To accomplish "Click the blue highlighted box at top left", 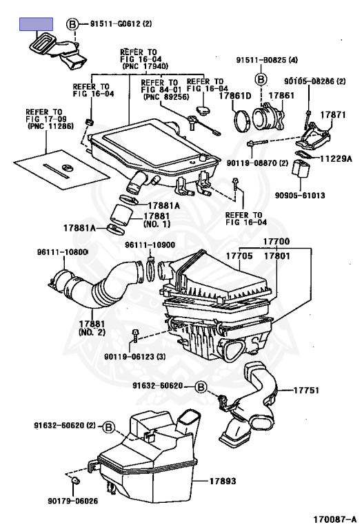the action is pos(36,24).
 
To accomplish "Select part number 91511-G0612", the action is pos(115,23).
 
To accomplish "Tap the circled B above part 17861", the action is pos(261,80).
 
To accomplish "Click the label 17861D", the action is pos(235,96).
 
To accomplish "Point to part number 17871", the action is pos(333,115).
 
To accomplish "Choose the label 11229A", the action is pos(336,158).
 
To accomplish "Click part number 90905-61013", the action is pos(300,196).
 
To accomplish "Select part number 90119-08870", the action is pos(252,163).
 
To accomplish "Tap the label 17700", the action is pos(276,242).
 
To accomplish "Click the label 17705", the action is pos(239,256).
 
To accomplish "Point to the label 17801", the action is pos(277,256).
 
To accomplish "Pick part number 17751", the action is pos(306,391).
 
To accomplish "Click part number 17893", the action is pos(223,481).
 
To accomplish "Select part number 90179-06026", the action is pos(73,501).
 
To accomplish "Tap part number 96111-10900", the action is pos(150,245).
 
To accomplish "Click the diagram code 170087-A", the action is pos(335,519).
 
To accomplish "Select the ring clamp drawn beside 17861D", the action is pos(243,121).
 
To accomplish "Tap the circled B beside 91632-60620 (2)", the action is pos(109,427).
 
